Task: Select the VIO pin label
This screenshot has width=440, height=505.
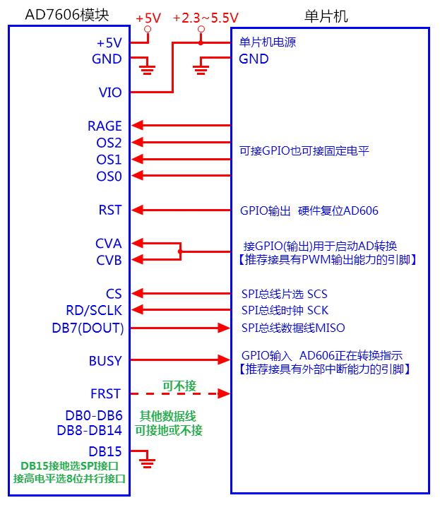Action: pyautogui.click(x=109, y=93)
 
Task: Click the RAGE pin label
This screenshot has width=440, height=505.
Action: pyautogui.click(x=105, y=126)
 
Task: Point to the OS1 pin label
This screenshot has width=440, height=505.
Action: pyautogui.click(x=109, y=160)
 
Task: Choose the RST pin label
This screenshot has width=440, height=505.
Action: pyautogui.click(x=110, y=210)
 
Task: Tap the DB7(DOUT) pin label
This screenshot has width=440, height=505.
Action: pyautogui.click(x=88, y=328)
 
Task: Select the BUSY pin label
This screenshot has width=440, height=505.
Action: pyautogui.click(x=105, y=361)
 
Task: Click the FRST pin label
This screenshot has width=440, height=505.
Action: pyautogui.click(x=105, y=394)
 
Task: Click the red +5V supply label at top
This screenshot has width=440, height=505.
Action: pyautogui.click(x=148, y=17)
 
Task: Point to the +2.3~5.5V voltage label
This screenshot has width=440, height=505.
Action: pyautogui.click(x=206, y=17)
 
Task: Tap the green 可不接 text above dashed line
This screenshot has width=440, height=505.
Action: pyautogui.click(x=179, y=386)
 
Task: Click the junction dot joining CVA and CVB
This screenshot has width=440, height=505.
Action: pyautogui.click(x=180, y=251)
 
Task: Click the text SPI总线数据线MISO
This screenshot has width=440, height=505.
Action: pyautogui.click(x=293, y=328)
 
